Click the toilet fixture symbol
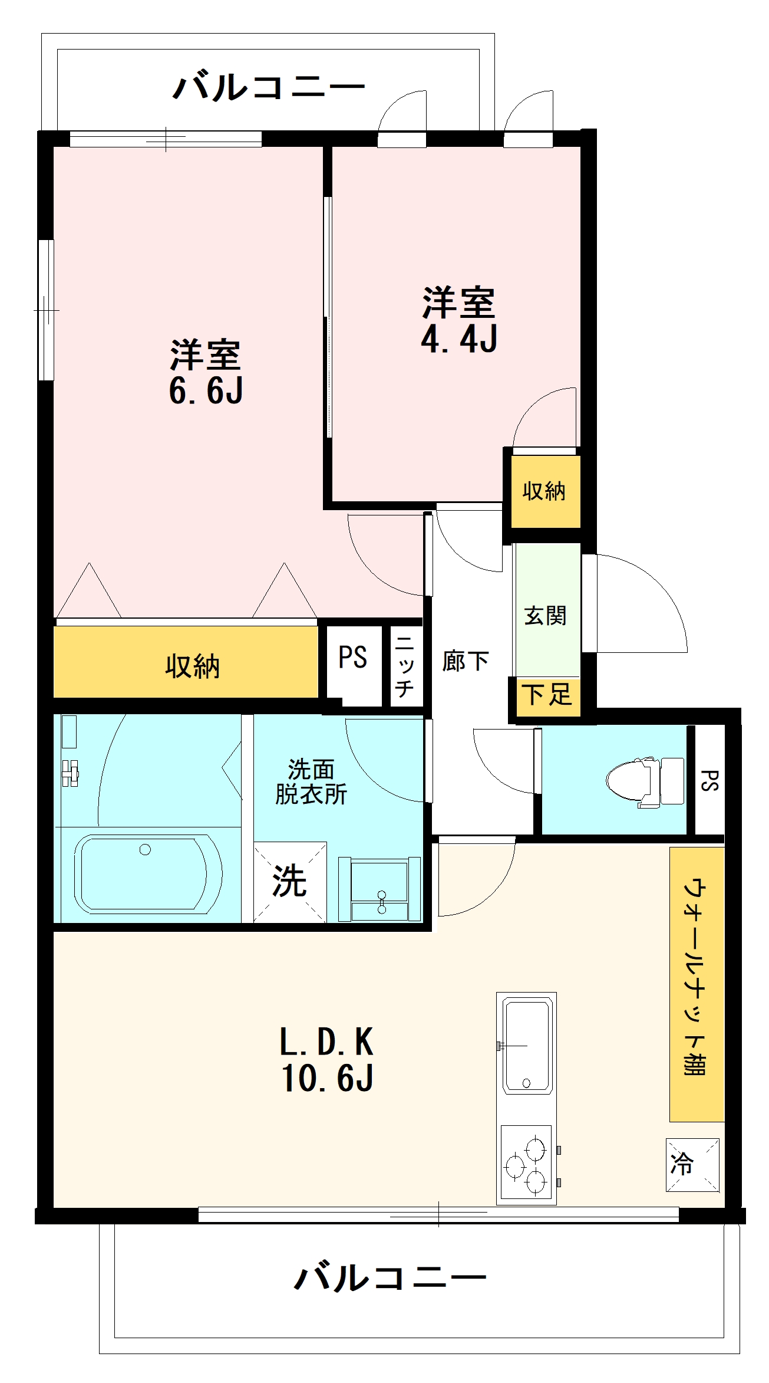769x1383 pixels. click(x=645, y=781)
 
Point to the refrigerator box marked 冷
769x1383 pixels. click(x=692, y=1165)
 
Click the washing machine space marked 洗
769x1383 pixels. click(x=290, y=882)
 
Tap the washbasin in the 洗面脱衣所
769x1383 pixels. click(x=379, y=889)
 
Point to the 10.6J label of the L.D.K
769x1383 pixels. click(x=327, y=1078)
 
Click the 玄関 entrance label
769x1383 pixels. click(x=545, y=616)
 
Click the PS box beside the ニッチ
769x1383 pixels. click(x=354, y=665)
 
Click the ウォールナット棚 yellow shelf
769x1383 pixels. click(x=697, y=984)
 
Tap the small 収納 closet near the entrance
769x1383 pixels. click(x=545, y=491)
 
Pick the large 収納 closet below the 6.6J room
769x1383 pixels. click(x=186, y=662)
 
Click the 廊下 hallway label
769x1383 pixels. click(x=466, y=661)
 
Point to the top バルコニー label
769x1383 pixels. click(x=269, y=87)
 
